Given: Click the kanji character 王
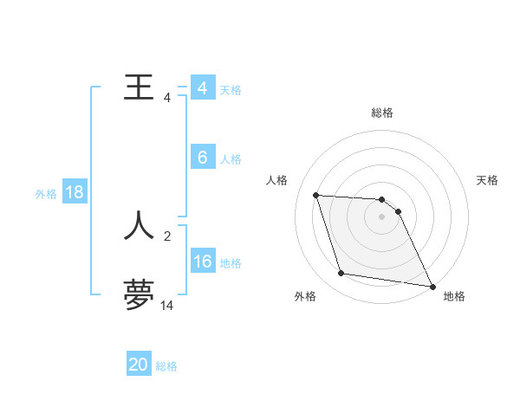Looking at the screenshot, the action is (140, 87).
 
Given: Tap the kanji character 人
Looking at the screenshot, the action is (140, 225).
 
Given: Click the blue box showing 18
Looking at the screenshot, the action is (75, 192).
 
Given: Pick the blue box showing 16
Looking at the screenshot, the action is (203, 262).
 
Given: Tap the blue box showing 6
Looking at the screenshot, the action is (203, 158).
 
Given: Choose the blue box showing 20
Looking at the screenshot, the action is (139, 365).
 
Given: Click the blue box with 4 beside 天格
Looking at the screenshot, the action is (203, 88).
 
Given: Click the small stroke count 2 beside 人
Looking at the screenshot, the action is (167, 236).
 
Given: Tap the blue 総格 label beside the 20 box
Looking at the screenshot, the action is (166, 366).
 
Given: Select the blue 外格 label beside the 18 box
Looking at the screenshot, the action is (46, 194).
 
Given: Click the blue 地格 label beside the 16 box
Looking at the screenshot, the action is (231, 263).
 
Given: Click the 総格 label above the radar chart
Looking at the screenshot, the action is (382, 113).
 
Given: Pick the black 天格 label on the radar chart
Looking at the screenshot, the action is (488, 180).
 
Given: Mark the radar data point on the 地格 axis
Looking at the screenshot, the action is (432, 286).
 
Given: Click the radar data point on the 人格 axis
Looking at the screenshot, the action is (316, 195).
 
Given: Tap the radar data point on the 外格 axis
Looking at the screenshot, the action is (341, 274).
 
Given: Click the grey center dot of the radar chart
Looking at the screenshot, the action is (382, 216).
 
